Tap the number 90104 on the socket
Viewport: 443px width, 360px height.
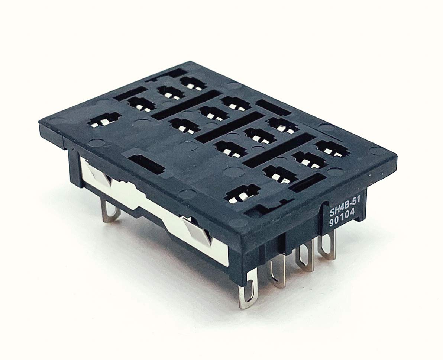(342, 221)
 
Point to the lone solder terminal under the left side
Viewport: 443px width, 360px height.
(111, 212)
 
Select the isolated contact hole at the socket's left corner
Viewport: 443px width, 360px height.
(105, 120)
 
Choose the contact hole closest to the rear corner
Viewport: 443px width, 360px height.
(191, 83)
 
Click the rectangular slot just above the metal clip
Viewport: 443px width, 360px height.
(147, 164)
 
